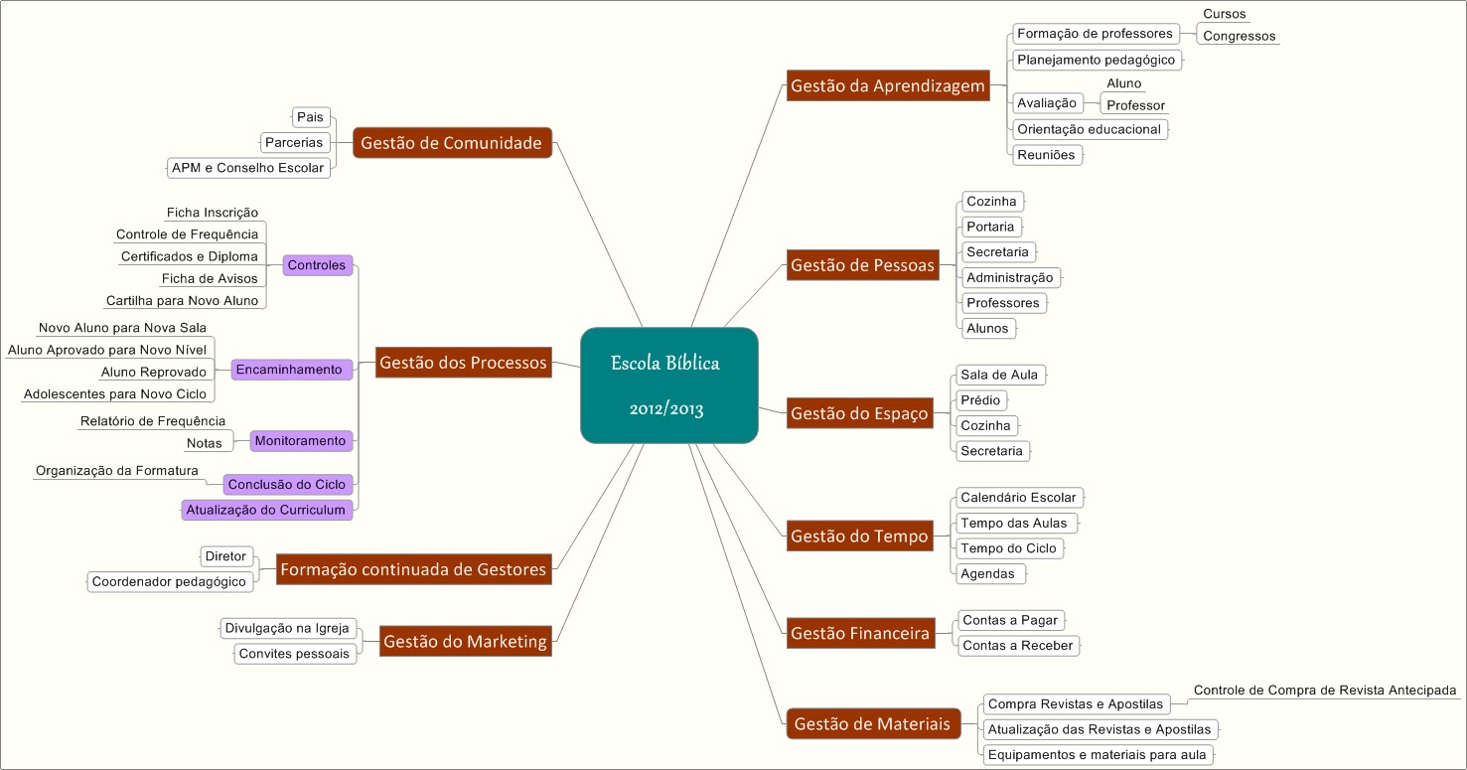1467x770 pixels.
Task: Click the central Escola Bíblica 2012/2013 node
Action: [x=668, y=385]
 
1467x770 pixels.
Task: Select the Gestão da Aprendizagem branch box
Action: [x=888, y=86]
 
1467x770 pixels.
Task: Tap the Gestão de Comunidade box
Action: [x=452, y=143]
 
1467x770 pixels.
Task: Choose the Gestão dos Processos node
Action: [x=463, y=363]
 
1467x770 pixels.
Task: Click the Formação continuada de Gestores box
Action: [x=413, y=569]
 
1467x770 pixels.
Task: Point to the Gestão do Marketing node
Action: [x=465, y=641]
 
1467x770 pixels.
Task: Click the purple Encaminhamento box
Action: [x=288, y=370]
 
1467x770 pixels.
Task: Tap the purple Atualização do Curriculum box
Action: [x=266, y=510]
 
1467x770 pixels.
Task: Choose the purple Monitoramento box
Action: [x=300, y=440]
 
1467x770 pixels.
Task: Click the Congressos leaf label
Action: [x=1239, y=37]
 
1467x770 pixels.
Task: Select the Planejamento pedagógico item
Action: [x=1096, y=60]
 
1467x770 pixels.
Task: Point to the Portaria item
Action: [x=990, y=227]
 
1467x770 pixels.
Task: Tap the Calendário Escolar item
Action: [x=1018, y=497]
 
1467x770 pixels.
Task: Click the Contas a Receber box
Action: [x=1017, y=646]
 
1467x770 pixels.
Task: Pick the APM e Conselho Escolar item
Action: [x=247, y=168]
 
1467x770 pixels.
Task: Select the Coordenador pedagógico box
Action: [x=169, y=581]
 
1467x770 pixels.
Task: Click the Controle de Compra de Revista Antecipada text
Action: [x=1324, y=691]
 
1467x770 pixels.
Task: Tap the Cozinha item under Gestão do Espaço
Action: [x=985, y=425]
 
